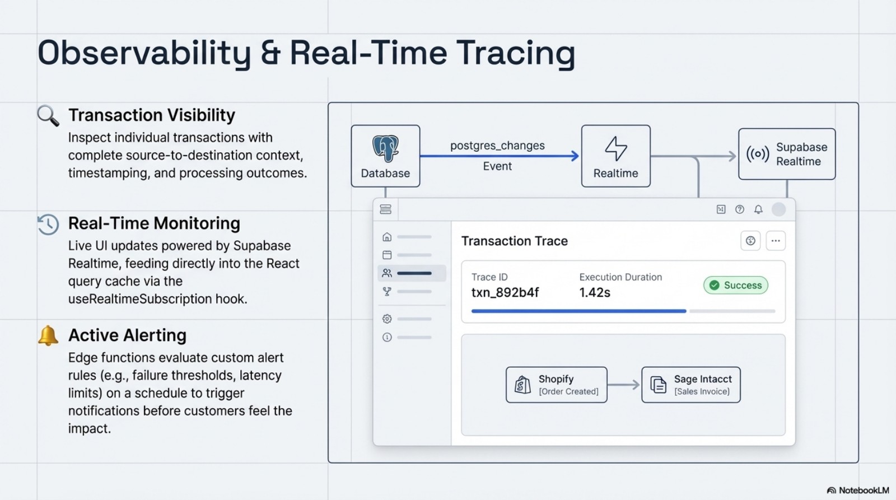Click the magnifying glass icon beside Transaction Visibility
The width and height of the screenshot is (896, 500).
48,115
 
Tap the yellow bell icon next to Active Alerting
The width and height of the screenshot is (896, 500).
48,335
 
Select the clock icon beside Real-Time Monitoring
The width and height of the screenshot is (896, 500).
48,224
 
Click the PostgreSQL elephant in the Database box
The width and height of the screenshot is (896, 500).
385,148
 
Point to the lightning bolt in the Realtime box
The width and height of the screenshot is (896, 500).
615,148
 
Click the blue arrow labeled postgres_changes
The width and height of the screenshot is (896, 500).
498,156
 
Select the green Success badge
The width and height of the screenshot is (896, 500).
735,285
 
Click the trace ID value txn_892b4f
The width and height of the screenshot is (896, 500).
505,292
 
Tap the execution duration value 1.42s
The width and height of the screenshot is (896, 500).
595,292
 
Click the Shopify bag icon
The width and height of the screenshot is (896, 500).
522,385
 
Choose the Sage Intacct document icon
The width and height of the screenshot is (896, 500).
658,385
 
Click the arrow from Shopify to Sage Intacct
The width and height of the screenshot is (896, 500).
623,385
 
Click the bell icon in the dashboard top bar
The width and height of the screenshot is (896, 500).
758,209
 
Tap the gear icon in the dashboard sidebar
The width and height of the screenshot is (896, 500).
387,319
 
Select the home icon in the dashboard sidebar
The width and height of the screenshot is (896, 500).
387,237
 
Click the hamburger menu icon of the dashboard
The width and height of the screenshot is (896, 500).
385,209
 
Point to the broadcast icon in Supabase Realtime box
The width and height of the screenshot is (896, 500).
757,154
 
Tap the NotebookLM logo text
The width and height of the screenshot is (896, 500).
863,490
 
